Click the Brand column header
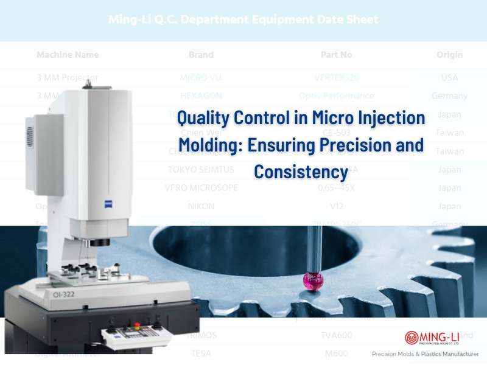[x=201, y=55]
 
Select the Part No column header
[x=337, y=55]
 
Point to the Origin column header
[x=449, y=55]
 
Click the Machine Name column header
[x=68, y=55]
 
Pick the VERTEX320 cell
[x=337, y=78]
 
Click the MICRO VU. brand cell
[x=201, y=78]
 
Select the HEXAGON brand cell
[x=201, y=96]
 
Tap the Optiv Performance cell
[x=337, y=96]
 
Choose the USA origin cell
[x=449, y=78]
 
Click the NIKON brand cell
[x=201, y=206]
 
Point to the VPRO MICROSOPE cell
[x=201, y=187]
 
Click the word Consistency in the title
[x=301, y=172]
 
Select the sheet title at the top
[x=243, y=19]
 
